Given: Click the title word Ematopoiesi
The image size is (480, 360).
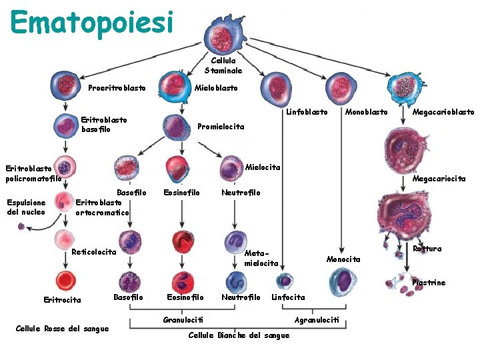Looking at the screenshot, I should (x=92, y=21).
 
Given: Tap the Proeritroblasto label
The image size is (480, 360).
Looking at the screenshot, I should (x=117, y=88).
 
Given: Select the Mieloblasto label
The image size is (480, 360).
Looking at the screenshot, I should (x=215, y=88).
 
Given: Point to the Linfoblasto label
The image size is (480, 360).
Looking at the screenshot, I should (x=307, y=112).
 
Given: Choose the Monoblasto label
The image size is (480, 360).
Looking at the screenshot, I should (x=366, y=112).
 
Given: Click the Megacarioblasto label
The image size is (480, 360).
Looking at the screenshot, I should (x=443, y=112).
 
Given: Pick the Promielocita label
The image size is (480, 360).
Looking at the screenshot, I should (x=221, y=127).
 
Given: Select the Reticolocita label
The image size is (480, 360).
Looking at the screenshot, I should (x=94, y=252).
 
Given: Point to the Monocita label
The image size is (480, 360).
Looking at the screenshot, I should (x=343, y=259).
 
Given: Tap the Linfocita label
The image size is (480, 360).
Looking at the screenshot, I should (x=288, y=297).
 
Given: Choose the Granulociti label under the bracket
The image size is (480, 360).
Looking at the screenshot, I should (x=183, y=321).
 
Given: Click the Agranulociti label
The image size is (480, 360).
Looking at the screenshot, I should (x=317, y=321).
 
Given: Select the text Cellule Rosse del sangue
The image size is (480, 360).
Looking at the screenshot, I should (x=62, y=329).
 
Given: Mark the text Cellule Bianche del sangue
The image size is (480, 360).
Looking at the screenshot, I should (x=239, y=335).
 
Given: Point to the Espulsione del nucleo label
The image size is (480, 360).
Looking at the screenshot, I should (x=26, y=207).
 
